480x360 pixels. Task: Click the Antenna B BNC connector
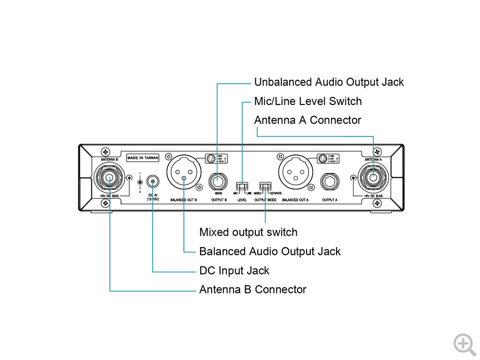109,178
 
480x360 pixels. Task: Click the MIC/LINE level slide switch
242,186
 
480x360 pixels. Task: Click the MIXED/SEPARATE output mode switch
265,186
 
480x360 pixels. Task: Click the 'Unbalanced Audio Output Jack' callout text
329,82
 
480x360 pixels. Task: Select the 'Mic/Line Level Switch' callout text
307,101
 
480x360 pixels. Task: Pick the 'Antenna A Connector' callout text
307,120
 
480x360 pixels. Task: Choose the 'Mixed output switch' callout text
248,232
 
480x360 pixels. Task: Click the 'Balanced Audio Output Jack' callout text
270,251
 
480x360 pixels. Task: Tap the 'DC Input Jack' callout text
234,270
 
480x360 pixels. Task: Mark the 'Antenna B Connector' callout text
252,290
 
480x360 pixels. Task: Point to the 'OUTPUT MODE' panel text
265,200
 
